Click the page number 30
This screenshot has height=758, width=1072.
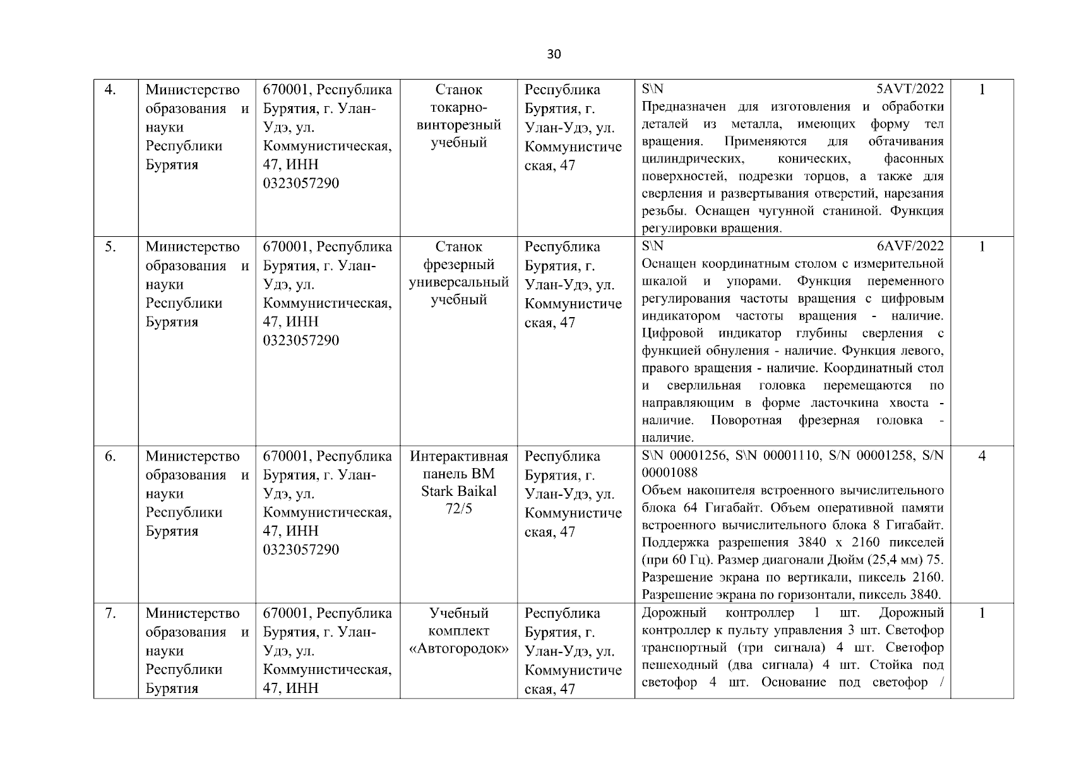[x=553, y=54]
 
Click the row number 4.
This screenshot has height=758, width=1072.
[x=110, y=90]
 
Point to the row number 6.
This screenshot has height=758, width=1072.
[x=110, y=456]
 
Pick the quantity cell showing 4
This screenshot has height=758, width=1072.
[x=982, y=456]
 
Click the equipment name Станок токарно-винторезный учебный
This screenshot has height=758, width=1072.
[x=459, y=116]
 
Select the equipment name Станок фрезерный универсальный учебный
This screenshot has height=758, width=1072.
[x=459, y=273]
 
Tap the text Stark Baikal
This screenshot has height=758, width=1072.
[x=459, y=491]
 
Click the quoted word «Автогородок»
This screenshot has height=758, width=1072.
[x=459, y=649]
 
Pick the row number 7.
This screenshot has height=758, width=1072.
[x=110, y=613]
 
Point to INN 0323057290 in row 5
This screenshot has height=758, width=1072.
[x=301, y=340]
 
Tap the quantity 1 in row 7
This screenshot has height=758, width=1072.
[x=982, y=613]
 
